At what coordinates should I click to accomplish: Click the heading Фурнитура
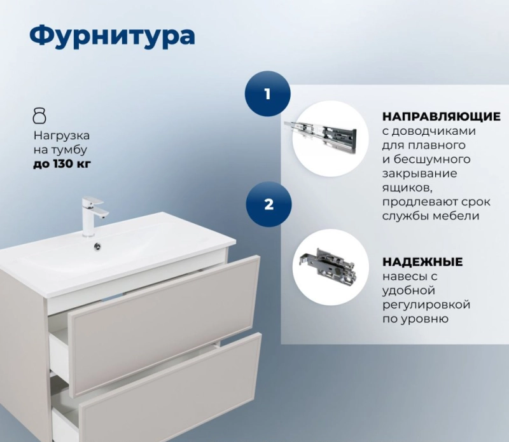click(113, 36)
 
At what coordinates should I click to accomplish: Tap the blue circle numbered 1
click(267, 93)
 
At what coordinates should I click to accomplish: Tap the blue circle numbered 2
click(268, 204)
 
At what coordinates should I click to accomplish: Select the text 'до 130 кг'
click(62, 164)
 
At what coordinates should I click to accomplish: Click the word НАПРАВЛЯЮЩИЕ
click(441, 116)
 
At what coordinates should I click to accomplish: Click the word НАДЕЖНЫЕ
click(422, 261)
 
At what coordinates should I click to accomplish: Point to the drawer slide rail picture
click(321, 136)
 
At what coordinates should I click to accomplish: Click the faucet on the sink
click(94, 216)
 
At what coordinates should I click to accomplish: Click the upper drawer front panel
click(164, 326)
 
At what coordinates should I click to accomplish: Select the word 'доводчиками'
click(429, 132)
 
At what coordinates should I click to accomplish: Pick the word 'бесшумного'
click(432, 160)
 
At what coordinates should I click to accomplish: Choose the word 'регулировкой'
click(426, 305)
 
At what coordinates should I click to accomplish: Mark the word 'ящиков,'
click(407, 188)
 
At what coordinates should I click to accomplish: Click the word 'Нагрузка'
click(62, 135)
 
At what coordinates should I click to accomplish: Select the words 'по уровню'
click(415, 319)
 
